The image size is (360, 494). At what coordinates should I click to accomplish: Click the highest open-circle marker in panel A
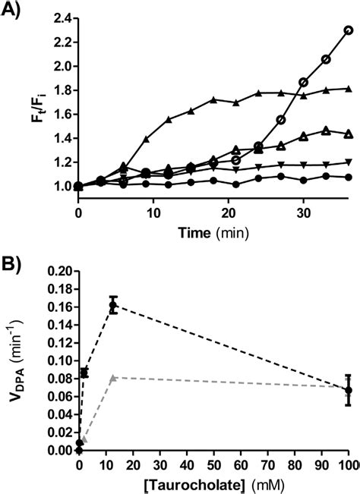tap(349, 30)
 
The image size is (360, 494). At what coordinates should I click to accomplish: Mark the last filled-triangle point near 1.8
tap(348, 89)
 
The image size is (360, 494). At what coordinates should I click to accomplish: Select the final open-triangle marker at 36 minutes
tap(348, 134)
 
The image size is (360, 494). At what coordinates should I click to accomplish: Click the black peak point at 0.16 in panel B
tap(113, 306)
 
